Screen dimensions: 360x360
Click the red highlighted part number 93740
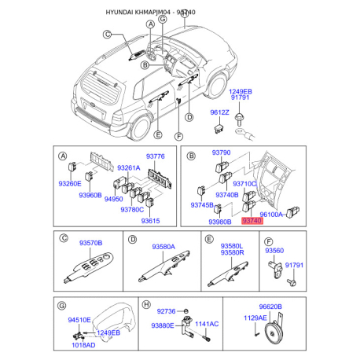click(252, 222)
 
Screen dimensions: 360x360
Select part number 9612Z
click(219, 112)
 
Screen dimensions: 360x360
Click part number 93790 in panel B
click(222, 152)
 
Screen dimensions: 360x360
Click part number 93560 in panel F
click(274, 250)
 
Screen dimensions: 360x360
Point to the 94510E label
click(79, 320)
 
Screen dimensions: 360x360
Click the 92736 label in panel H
click(166, 310)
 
